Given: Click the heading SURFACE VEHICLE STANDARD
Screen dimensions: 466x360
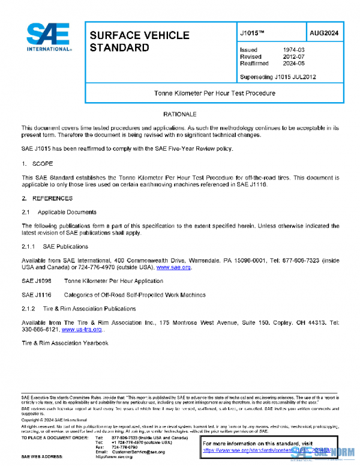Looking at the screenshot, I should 139,41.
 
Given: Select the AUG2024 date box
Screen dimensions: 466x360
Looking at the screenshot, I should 325,34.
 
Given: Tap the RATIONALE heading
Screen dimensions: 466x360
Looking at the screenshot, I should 179,113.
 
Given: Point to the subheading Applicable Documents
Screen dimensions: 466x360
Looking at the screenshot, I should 67,212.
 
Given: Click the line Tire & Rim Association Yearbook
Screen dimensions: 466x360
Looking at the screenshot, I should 65,343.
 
